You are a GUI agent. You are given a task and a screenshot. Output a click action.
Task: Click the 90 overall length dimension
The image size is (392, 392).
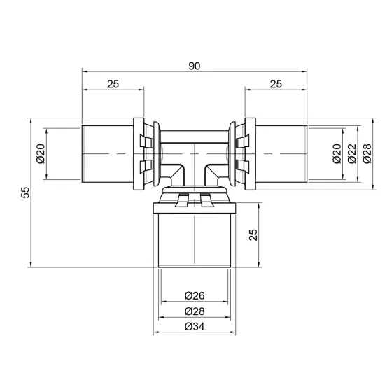click(195, 66)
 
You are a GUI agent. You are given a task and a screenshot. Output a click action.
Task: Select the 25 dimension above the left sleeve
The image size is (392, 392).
click(113, 84)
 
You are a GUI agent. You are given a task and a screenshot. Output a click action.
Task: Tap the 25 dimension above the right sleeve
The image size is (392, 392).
click(275, 84)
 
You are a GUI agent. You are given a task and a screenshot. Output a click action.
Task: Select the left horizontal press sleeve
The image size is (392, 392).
click(105, 152)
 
